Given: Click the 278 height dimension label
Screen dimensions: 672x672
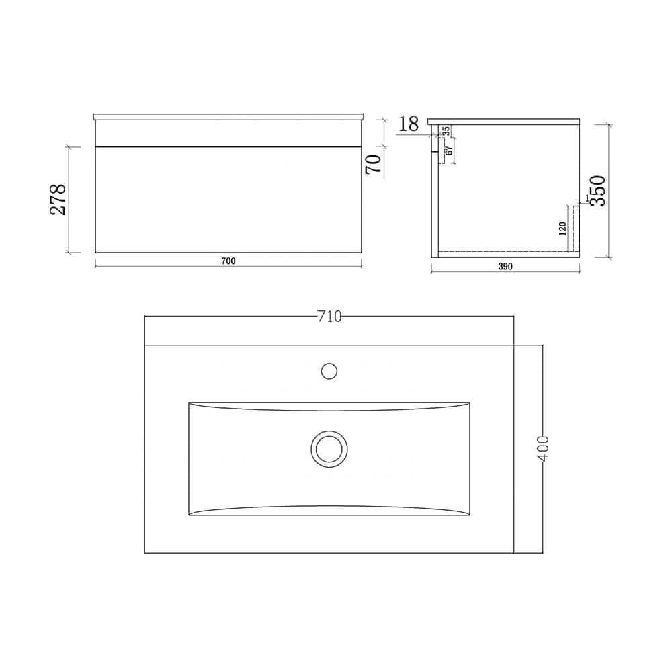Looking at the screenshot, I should pyautogui.click(x=59, y=199).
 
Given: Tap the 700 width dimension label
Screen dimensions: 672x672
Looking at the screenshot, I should pyautogui.click(x=228, y=261).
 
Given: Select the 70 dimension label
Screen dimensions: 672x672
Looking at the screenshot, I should pyautogui.click(x=374, y=163).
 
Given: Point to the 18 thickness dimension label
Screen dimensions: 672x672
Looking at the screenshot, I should pyautogui.click(x=409, y=124).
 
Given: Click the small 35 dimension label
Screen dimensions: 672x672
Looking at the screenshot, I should pyautogui.click(x=446, y=131).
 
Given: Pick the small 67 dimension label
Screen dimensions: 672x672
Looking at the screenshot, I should pyautogui.click(x=449, y=151).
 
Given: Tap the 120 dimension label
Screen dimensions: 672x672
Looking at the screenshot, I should pyautogui.click(x=562, y=228).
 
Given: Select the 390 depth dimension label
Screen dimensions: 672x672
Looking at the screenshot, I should pyautogui.click(x=505, y=266).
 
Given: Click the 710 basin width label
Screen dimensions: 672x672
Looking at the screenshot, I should pyautogui.click(x=329, y=317).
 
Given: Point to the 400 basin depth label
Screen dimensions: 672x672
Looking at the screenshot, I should pyautogui.click(x=544, y=448).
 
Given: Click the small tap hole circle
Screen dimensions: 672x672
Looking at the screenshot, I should pyautogui.click(x=329, y=370).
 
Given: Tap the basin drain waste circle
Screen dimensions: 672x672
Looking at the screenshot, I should pyautogui.click(x=329, y=448).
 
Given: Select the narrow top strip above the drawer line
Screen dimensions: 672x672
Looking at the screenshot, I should pyautogui.click(x=228, y=132).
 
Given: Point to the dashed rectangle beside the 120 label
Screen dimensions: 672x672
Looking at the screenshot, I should pyautogui.click(x=575, y=228).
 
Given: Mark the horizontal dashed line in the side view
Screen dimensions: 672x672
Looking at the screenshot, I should pyautogui.click(x=504, y=251).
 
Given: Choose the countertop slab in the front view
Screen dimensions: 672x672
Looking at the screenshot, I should pyautogui.click(x=228, y=117).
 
